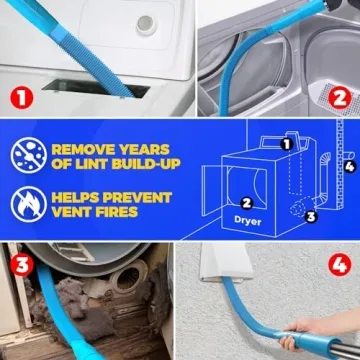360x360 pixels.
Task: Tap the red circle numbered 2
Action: (339, 99)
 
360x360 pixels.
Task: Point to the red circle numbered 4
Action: (339, 266)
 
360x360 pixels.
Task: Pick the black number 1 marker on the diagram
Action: (286, 144)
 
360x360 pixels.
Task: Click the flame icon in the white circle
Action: (29, 203)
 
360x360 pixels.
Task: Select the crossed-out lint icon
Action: (29, 153)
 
